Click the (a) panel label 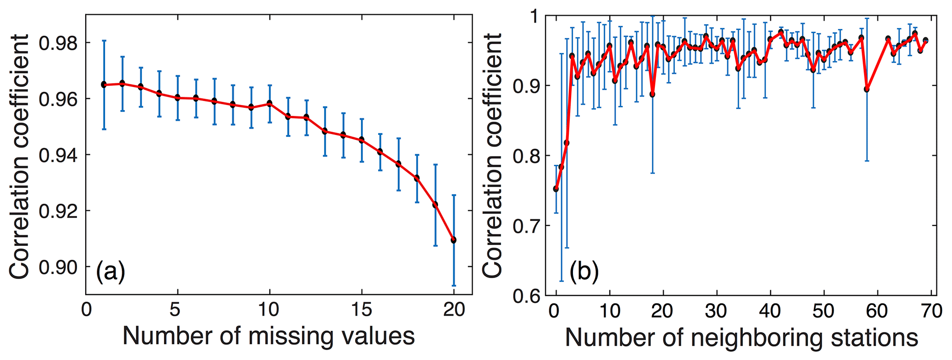(x=111, y=272)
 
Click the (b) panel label (x=584, y=272)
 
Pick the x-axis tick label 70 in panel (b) (x=932, y=311)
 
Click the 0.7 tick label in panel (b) (x=526, y=226)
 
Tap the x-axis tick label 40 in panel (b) (x=770, y=311)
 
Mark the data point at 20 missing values (x=454, y=240)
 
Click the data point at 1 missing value (x=104, y=84)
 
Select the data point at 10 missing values (x=269, y=103)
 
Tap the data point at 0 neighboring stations (x=556, y=189)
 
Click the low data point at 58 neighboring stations (x=866, y=89)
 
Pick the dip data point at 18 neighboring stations (x=652, y=94)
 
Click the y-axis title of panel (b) (x=492, y=155)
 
